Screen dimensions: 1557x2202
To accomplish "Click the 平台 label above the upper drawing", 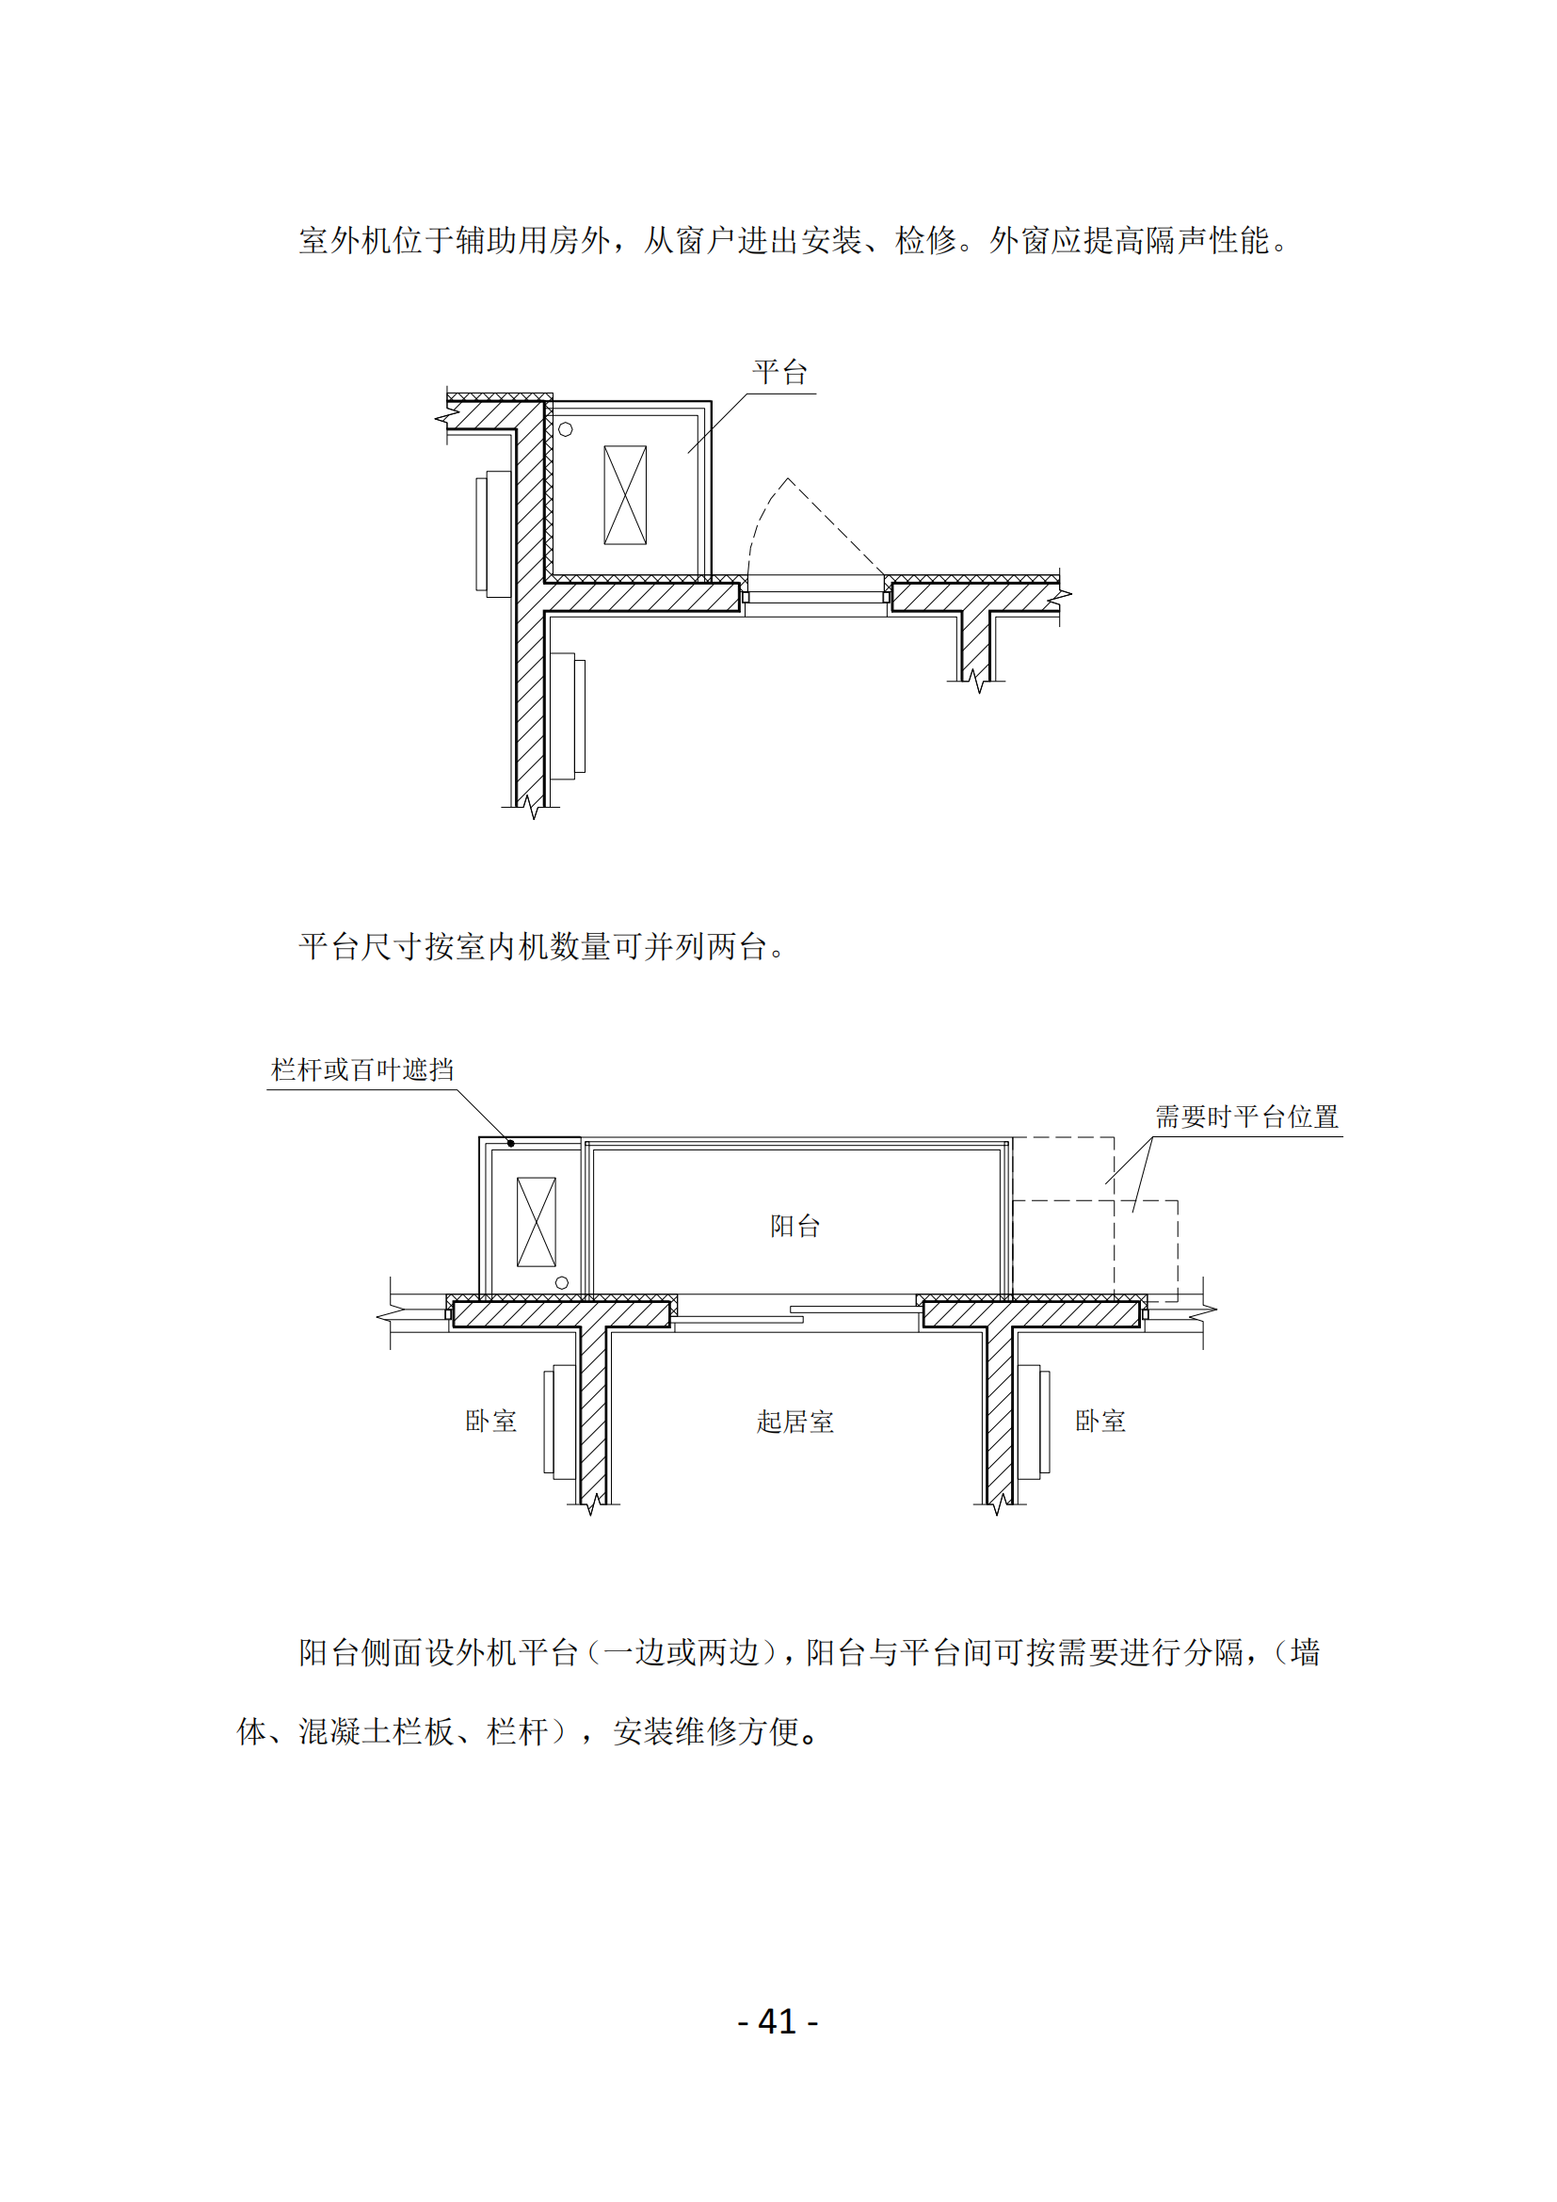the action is pos(779,372).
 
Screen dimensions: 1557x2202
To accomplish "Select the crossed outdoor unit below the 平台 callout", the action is pos(625,495).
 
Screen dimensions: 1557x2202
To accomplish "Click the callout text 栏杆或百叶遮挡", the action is pos(362,1069).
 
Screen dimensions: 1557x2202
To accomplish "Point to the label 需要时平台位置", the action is pos(1246,1117).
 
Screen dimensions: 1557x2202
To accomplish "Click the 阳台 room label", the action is pos(795,1226).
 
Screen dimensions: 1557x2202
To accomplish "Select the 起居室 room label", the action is pos(795,1422).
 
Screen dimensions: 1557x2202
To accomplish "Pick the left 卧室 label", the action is pos(490,1421).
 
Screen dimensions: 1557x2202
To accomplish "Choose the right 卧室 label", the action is pos(1100,1421).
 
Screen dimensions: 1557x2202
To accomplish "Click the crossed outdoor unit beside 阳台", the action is pos(536,1222).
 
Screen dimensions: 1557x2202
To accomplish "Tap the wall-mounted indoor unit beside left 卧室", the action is pos(560,1422).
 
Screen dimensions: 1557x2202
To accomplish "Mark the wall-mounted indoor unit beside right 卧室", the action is pos(1034,1422).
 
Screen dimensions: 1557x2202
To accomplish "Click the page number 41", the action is pos(778,2020).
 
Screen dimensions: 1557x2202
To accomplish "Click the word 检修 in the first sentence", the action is pos(926,240).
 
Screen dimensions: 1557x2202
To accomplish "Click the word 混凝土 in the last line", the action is pos(345,1731).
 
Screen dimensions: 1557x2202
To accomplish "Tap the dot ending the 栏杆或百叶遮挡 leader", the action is pos(511,1143).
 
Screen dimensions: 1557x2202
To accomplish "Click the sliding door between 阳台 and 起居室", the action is pos(795,1314).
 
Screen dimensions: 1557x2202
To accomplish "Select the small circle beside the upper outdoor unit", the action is pos(566,429).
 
